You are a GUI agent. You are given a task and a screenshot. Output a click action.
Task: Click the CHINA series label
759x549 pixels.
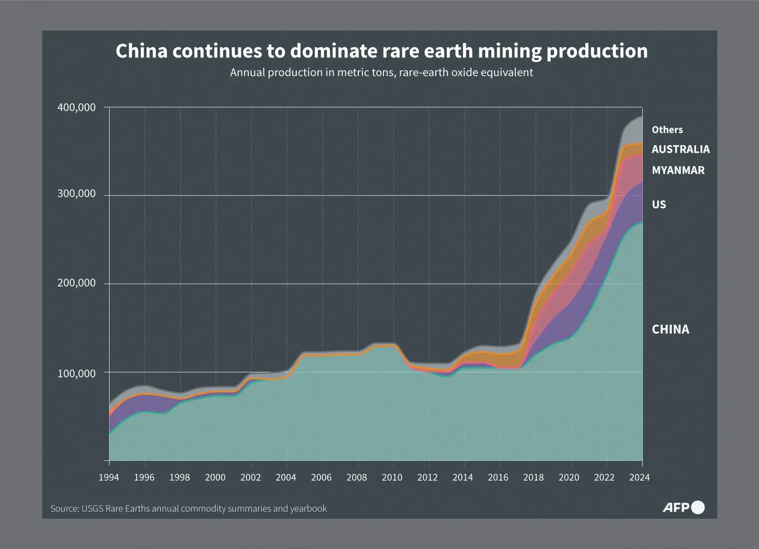tap(670, 329)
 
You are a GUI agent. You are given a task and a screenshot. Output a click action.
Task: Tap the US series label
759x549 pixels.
tap(659, 205)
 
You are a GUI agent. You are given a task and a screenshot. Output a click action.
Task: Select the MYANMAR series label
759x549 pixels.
tap(678, 170)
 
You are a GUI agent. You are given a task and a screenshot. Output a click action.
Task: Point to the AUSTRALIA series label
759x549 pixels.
tap(680, 149)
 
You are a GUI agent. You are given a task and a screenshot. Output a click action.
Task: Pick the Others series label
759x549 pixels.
tap(667, 130)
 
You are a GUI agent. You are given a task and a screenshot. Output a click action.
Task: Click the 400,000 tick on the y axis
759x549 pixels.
tap(76, 108)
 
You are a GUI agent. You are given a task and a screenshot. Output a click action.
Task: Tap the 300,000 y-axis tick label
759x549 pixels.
tap(76, 194)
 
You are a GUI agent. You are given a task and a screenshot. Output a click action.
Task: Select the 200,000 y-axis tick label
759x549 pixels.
tap(76, 283)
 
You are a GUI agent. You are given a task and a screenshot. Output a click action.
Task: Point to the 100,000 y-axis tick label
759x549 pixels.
tap(76, 373)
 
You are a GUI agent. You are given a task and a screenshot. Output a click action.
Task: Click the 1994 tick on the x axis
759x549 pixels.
tap(109, 477)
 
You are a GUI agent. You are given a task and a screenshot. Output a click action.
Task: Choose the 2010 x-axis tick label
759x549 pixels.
tap(392, 477)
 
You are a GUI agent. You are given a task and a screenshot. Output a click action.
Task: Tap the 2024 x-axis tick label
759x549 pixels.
tap(639, 477)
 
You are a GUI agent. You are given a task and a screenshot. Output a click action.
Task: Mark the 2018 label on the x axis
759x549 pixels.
tap(533, 477)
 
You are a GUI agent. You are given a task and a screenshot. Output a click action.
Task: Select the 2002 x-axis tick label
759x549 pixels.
tap(250, 477)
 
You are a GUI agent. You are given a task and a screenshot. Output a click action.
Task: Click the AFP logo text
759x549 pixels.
tap(676, 508)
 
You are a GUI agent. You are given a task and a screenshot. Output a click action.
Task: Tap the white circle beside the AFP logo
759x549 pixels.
tap(698, 507)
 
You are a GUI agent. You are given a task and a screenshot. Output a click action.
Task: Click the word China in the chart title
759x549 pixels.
tap(141, 51)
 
